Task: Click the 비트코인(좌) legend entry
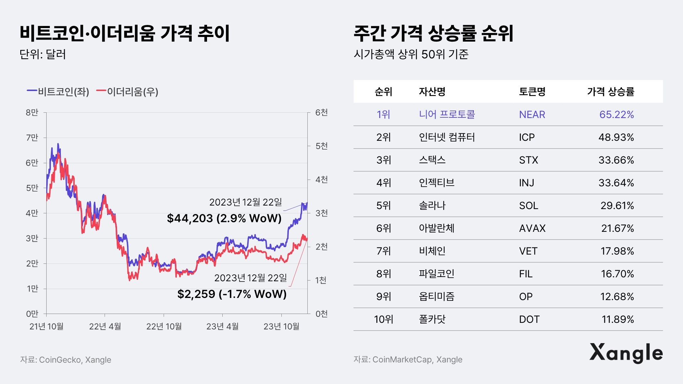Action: click(x=58, y=92)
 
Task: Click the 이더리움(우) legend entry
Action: click(x=128, y=92)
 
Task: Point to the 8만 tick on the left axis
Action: click(x=32, y=113)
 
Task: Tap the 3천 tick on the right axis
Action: click(x=322, y=213)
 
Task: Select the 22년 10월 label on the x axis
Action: click(x=164, y=326)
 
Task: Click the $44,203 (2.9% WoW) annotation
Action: click(x=224, y=218)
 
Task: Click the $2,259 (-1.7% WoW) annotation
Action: click(x=232, y=294)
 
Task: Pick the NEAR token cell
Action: click(x=532, y=114)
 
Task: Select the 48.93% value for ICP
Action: click(x=616, y=137)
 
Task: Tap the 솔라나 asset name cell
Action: click(x=432, y=206)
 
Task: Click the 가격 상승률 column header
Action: click(x=611, y=92)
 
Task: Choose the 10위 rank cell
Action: click(x=383, y=319)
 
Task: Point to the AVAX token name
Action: click(x=532, y=228)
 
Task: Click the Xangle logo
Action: click(x=626, y=353)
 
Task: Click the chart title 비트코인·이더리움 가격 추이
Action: click(x=125, y=33)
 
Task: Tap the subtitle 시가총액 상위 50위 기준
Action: click(x=411, y=54)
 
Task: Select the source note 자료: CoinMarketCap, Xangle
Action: click(x=408, y=359)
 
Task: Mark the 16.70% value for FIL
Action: click(x=617, y=274)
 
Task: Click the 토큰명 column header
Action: click(x=532, y=92)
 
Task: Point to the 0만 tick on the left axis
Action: click(x=32, y=314)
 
